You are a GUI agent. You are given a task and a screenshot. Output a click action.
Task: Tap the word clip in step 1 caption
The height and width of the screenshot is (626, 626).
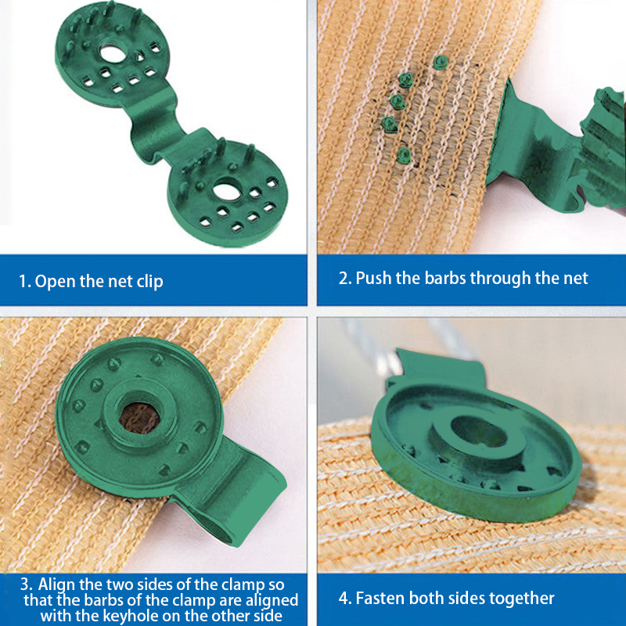tap(149, 282)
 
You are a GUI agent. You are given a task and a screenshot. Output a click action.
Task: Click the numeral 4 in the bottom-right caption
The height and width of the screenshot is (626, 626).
tap(344, 598)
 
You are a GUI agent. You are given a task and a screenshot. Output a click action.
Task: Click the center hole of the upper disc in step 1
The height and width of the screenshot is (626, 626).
tap(113, 53)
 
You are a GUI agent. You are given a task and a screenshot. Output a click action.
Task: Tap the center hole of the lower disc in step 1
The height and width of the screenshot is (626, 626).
tap(227, 192)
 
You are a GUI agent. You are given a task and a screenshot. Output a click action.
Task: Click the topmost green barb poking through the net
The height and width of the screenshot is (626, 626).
tap(441, 62)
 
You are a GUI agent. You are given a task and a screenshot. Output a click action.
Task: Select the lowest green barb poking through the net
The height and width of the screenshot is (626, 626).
tap(404, 155)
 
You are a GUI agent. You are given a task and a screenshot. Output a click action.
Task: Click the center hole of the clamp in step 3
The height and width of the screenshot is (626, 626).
tap(139, 419)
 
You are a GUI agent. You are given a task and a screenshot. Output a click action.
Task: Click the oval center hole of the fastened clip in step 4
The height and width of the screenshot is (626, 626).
tap(479, 434)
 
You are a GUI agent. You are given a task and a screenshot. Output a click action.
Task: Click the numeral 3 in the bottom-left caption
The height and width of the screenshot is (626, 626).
tap(26, 585)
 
